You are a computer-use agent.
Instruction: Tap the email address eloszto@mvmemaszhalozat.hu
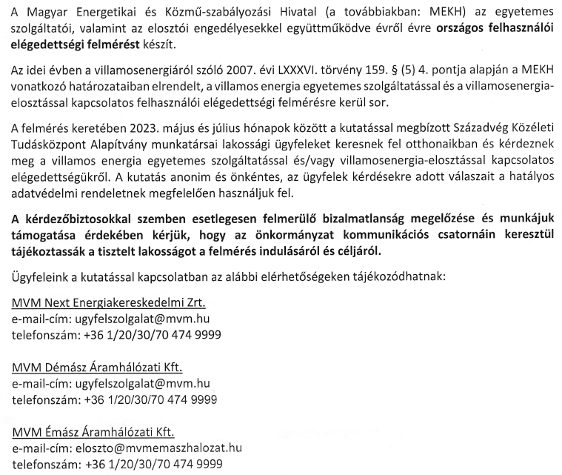(x=158, y=448)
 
